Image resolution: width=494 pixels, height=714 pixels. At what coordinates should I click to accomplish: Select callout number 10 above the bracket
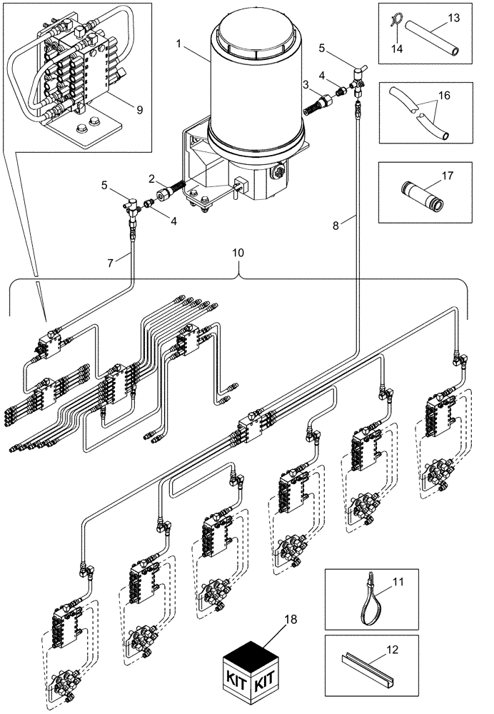click(238, 253)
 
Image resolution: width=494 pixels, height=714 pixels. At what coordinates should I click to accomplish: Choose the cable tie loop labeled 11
click(368, 598)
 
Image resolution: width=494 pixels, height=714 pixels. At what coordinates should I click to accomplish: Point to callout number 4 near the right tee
click(323, 74)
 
